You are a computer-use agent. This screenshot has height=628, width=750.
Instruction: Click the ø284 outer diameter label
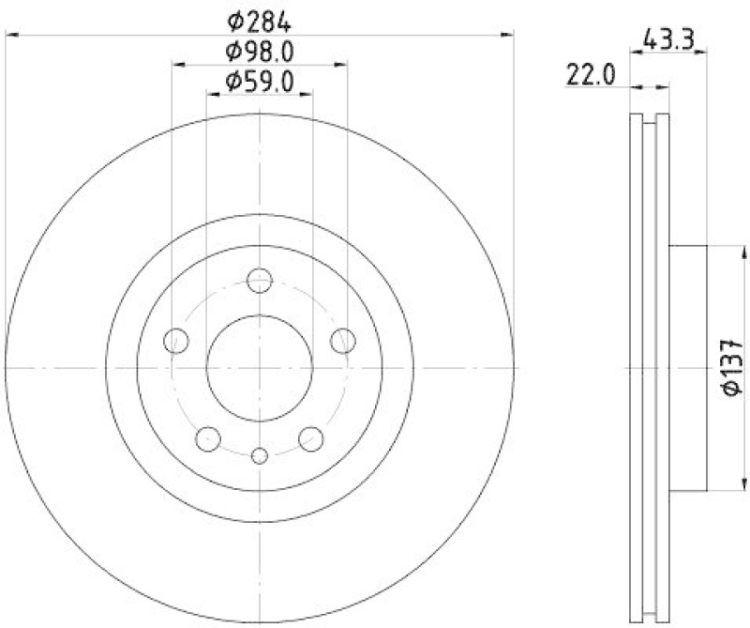coord(259,18)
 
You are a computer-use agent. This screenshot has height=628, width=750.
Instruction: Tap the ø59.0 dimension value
coord(259,82)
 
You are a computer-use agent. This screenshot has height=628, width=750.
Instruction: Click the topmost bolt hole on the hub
coord(260,281)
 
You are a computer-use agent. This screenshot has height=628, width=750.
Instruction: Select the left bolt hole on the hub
coord(175,341)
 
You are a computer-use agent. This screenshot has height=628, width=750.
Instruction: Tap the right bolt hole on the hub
coord(344,341)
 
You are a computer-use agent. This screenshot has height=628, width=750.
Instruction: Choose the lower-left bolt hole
coord(208,438)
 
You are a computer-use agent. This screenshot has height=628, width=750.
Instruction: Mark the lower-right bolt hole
coord(311,438)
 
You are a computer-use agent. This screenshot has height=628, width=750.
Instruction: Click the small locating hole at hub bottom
coord(260,456)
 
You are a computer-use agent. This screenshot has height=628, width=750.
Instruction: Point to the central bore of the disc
coord(260,368)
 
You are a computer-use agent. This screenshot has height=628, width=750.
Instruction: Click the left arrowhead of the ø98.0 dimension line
coord(179,65)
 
